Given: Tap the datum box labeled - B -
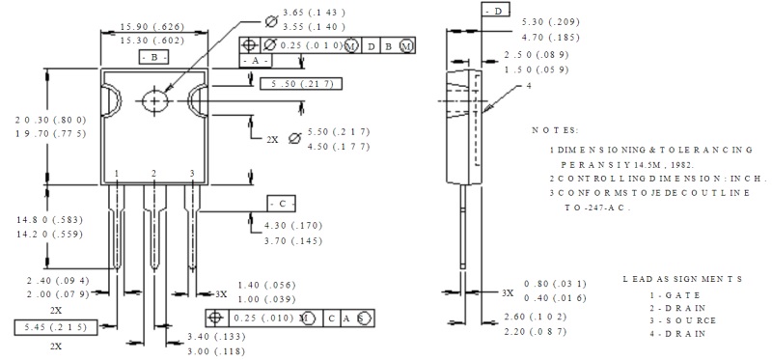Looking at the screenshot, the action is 154,57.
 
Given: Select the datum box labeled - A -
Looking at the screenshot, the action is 255,61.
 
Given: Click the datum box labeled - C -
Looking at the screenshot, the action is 282,203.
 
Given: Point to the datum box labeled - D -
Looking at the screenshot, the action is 495,10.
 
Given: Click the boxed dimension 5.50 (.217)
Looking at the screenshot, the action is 301,84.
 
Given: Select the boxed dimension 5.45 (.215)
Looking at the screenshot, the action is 56,327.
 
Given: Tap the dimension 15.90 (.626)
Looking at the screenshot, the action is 152,27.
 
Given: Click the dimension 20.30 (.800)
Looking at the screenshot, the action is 51,120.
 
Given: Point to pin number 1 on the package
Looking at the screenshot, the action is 117,174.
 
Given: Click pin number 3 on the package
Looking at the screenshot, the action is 192,174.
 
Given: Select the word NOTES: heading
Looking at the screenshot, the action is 555,130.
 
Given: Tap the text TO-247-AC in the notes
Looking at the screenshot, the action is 597,208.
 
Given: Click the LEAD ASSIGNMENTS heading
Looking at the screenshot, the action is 682,279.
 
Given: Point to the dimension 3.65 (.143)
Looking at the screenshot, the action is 314,13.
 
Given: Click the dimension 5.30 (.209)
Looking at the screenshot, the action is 550,21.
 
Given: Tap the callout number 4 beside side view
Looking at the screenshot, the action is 529,86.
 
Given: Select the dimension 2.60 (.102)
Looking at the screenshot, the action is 536,317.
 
